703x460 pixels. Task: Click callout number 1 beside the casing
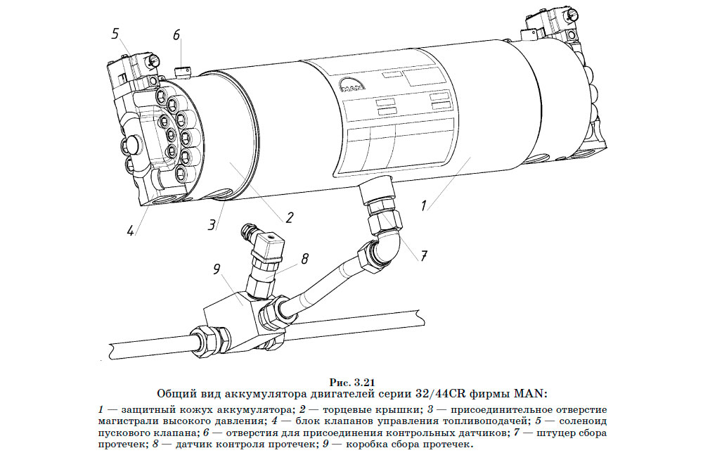(x=424, y=206)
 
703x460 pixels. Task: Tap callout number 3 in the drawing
(x=212, y=225)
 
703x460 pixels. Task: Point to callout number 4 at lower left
(x=130, y=229)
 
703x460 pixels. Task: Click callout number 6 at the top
(x=176, y=34)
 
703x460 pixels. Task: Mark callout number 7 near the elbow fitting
(x=424, y=256)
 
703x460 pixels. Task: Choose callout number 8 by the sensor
(x=304, y=258)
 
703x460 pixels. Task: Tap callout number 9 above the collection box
(x=217, y=269)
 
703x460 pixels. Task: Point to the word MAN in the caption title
(x=531, y=393)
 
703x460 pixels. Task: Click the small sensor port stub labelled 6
(x=182, y=70)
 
